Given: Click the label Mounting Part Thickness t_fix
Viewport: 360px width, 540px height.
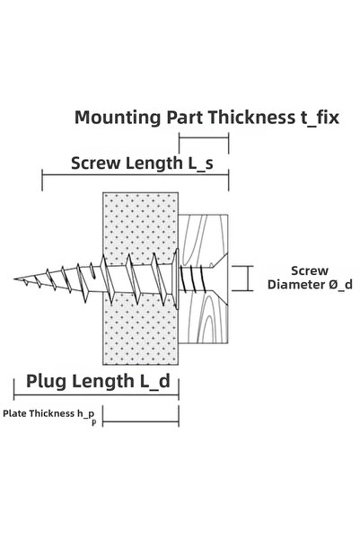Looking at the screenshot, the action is tap(206, 118).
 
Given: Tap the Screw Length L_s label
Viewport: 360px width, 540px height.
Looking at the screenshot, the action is tap(142, 164).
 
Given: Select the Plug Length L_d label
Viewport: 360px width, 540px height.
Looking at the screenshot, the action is tap(99, 382).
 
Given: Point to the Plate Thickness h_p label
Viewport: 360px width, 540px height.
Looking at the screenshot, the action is tap(50, 415).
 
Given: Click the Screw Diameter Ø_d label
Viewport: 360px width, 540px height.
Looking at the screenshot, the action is tap(310, 278).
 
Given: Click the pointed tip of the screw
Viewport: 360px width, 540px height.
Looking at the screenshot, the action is tap(14, 279).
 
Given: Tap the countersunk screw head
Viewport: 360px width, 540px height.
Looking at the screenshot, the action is tap(220, 279).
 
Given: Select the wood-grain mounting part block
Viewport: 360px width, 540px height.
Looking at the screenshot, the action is tap(203, 279).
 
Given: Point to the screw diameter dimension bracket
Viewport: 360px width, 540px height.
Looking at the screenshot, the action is tap(248, 279).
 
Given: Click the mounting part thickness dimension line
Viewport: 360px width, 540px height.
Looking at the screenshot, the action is tap(204, 137).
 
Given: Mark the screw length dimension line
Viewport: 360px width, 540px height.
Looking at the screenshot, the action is tap(136, 174).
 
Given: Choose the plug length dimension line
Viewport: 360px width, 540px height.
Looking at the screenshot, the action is tap(96, 395).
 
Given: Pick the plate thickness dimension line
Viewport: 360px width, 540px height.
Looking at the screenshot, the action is tap(141, 420).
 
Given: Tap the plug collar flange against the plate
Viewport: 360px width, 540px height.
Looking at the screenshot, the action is tap(177, 279).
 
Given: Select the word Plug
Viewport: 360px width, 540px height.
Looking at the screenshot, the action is tap(46, 382).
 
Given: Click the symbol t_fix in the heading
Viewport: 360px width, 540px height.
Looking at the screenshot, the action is tap(319, 118).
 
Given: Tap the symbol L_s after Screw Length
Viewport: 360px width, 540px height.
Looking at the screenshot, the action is tap(201, 164).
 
